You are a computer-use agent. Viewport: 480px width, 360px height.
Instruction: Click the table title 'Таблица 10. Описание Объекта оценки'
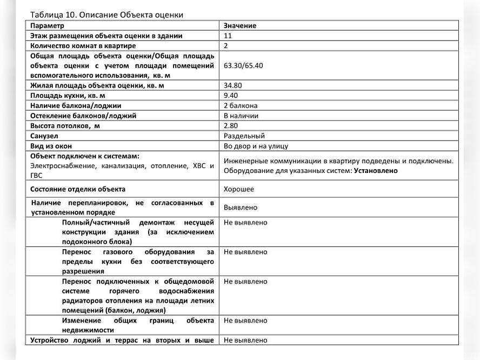coord(106,15)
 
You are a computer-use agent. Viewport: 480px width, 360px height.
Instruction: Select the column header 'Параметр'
coord(47,25)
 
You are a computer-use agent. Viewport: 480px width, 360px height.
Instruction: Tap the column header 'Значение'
coord(240,25)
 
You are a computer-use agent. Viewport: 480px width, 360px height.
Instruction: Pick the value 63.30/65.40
coord(243,65)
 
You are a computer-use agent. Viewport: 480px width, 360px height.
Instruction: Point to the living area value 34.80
coord(232,85)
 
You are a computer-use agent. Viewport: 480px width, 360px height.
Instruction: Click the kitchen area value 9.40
coord(231,96)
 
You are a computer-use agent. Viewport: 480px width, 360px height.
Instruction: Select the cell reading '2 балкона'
coord(241,106)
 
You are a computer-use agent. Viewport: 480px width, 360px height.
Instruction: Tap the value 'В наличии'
coord(241,116)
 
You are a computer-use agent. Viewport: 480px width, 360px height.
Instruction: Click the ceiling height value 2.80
coord(231,126)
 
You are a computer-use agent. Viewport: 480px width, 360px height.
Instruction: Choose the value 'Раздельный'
coord(244,136)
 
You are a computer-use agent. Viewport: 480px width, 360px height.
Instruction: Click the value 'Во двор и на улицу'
coord(256,146)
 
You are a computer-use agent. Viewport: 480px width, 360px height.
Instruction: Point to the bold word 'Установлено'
coord(376,171)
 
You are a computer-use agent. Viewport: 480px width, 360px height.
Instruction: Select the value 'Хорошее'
coord(239,189)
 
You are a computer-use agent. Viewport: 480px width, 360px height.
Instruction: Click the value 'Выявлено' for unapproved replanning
coord(241,208)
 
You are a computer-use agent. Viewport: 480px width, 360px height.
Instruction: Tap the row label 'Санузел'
coord(44,136)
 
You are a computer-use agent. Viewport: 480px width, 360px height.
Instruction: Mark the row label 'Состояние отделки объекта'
coord(78,189)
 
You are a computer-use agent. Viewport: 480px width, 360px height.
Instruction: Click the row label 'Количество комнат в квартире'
coord(83,46)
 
